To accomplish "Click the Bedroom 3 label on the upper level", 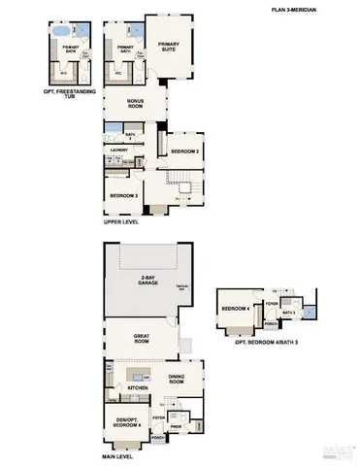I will coord(123,196).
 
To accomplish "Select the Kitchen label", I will coord(138,387).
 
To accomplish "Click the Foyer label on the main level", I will coord(158,418).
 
